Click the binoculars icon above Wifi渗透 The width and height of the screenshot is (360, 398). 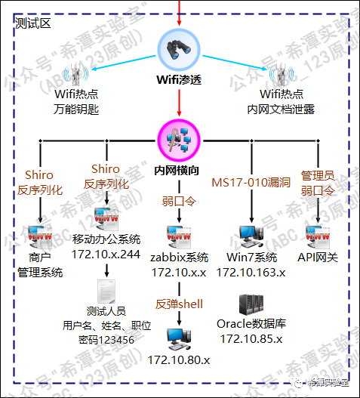point(180,50)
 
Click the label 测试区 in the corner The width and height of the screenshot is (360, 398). point(33,23)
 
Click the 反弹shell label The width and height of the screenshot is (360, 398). point(180,304)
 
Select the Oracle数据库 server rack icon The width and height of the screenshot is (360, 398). point(250,305)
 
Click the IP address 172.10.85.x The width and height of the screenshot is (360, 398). point(250,338)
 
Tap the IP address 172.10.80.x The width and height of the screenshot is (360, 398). point(179,359)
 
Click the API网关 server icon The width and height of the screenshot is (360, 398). point(318,236)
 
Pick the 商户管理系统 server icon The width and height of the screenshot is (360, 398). point(40,236)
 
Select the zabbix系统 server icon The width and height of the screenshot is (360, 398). point(179,235)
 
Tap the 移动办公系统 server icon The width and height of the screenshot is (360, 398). point(106,221)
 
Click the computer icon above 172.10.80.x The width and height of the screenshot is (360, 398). point(179,335)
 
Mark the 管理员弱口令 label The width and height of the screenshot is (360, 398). point(318,182)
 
